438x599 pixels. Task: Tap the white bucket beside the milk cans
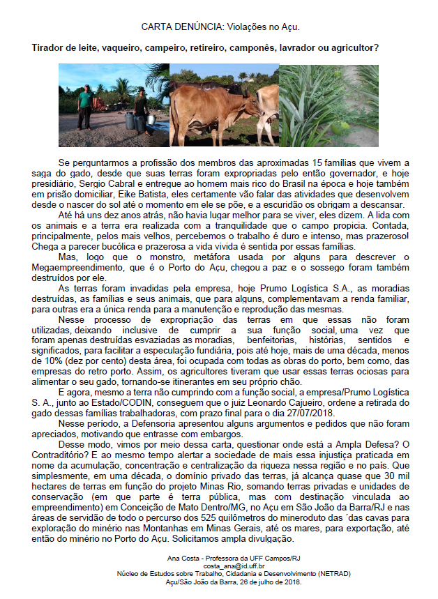click(x=151, y=120)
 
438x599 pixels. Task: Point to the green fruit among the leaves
click(x=351, y=130)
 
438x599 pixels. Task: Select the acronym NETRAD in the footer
click(x=328, y=574)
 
